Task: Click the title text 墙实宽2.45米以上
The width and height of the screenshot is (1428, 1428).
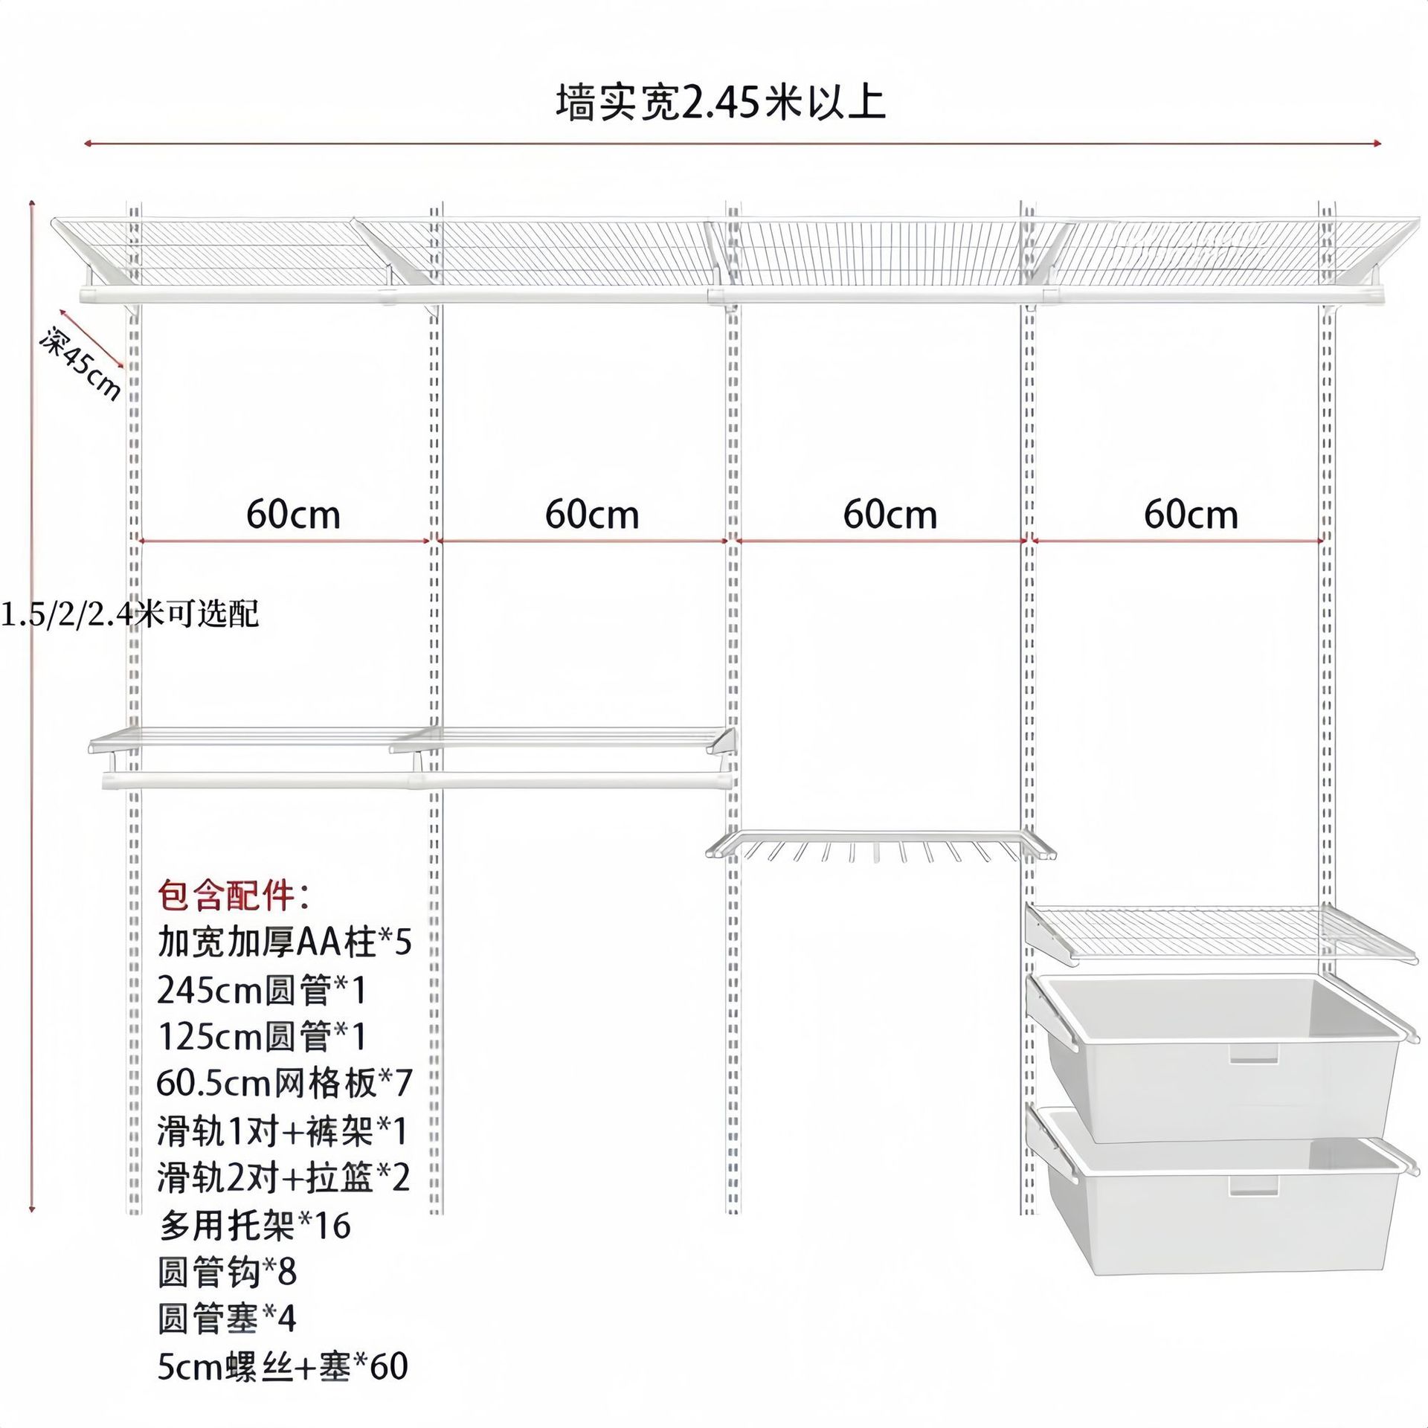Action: click(x=720, y=103)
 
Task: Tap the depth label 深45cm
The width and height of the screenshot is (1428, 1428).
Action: click(x=80, y=364)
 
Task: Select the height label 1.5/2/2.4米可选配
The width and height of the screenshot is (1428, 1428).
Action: click(x=129, y=615)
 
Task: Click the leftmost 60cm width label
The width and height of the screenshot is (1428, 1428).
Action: click(x=293, y=515)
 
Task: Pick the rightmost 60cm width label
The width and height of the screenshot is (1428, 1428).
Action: click(x=1191, y=515)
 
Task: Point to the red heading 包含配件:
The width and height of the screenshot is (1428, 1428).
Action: click(x=233, y=896)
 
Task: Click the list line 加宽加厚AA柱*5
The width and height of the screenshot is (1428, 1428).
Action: click(x=284, y=942)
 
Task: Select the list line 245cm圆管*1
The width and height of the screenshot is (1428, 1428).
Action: click(x=262, y=990)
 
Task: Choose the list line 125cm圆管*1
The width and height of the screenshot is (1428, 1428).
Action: click(x=262, y=1037)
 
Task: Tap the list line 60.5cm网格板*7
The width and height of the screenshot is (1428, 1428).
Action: click(x=284, y=1084)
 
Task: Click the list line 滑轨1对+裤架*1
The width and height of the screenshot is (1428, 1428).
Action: click(x=283, y=1131)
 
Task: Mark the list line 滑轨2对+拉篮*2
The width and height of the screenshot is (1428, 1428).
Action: click(x=283, y=1178)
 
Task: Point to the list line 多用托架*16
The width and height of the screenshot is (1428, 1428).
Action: click(x=254, y=1226)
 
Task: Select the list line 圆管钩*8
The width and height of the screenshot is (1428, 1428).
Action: click(x=227, y=1273)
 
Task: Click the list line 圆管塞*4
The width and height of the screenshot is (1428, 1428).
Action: click(x=227, y=1319)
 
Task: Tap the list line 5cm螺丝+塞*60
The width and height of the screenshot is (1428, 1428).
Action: click(x=283, y=1367)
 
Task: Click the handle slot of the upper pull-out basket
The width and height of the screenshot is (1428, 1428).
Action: click(x=1254, y=1053)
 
